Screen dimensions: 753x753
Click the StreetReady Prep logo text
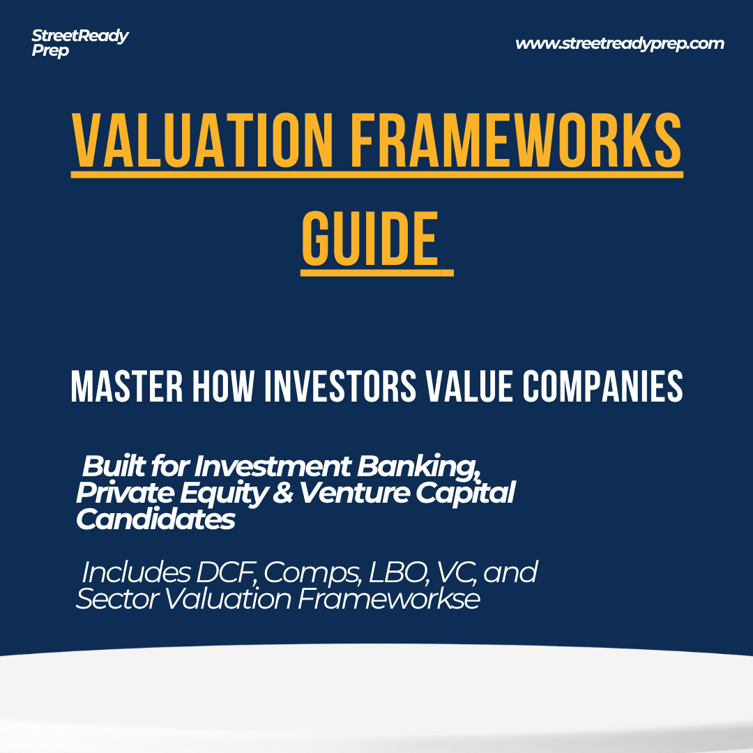coord(79,43)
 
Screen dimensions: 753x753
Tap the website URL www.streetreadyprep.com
coord(619,44)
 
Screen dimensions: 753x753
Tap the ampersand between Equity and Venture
coord(284,493)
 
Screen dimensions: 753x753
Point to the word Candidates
coord(155,519)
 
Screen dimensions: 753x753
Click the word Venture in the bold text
coord(354,493)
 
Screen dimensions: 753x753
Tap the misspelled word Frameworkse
coord(388,599)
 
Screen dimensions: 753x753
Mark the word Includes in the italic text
coord(135,572)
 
